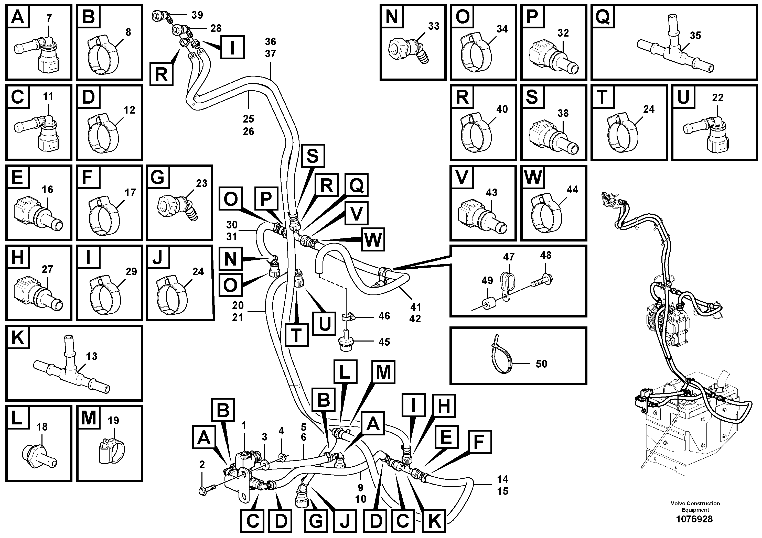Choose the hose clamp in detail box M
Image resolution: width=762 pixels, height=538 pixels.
(111, 449)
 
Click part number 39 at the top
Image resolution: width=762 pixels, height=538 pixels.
(197, 15)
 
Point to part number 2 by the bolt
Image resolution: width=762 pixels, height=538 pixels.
(202, 465)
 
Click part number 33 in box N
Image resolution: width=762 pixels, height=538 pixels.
(433, 26)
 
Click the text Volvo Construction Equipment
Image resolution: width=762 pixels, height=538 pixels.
(695, 507)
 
